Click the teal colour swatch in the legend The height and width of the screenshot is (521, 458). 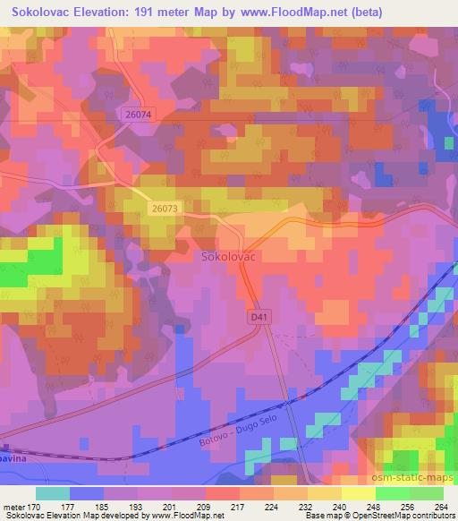(53, 492)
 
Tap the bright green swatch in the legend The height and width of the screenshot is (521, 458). (392, 492)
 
